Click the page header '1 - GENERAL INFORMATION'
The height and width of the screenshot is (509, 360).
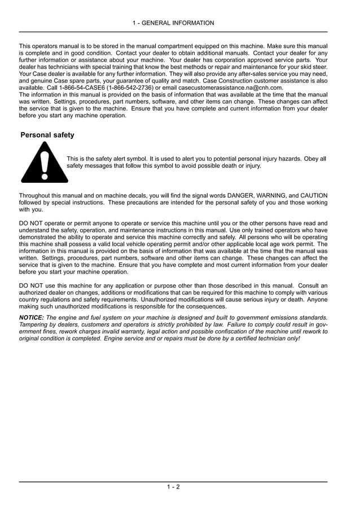coord(173,23)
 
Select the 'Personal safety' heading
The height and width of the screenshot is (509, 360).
coord(47,135)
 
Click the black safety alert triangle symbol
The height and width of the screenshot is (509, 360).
coord(45,163)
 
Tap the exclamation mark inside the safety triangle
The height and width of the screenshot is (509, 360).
coord(45,164)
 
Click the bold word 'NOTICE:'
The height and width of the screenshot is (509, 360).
coord(32,318)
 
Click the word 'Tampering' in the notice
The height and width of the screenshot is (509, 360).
coord(35,324)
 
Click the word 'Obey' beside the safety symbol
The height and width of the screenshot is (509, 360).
coord(311,159)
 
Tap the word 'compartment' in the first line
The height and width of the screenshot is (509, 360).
coord(183,45)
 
